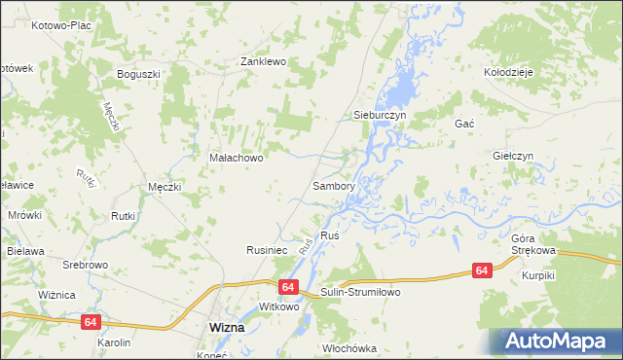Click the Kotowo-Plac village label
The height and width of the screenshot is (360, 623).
(x=60, y=24)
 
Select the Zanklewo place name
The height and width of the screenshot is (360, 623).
(x=263, y=61)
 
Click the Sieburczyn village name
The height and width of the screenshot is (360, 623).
(x=378, y=115)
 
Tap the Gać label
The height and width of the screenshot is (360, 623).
(x=463, y=125)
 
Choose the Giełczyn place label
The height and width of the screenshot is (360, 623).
(x=513, y=156)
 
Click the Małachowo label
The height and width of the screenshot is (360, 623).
(x=237, y=157)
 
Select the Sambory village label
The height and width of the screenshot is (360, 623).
(x=333, y=185)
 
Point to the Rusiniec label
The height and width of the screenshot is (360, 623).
(x=265, y=250)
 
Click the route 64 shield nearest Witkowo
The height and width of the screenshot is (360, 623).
(x=287, y=287)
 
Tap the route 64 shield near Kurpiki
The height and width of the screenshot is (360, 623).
(x=482, y=270)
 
